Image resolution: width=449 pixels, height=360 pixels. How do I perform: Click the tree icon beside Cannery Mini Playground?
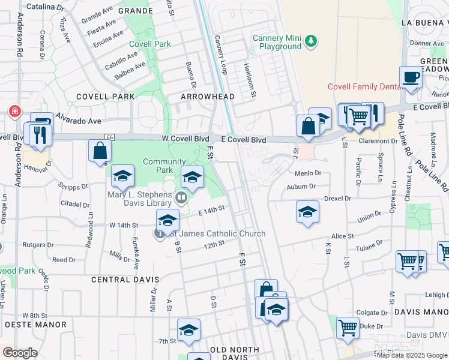(310, 41)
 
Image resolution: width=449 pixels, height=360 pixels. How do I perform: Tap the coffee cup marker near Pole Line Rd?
(411, 77)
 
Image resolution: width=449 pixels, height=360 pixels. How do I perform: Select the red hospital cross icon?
(14, 112)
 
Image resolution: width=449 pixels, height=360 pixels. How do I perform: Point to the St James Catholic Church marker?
(160, 233)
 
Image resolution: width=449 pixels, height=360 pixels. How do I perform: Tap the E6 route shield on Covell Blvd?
(109, 138)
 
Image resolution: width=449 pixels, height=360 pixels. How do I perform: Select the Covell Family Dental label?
(364, 86)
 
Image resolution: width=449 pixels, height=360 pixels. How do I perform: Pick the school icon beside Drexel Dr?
(307, 212)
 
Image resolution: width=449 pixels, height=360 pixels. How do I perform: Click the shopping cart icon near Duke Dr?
(348, 328)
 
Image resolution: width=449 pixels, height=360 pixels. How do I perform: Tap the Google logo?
(20, 352)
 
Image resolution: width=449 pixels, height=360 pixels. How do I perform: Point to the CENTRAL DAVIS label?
(125, 280)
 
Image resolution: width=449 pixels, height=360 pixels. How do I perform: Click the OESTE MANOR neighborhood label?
(35, 325)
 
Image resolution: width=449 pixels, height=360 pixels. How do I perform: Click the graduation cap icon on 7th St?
(188, 330)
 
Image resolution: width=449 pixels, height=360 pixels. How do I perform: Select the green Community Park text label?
(164, 166)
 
